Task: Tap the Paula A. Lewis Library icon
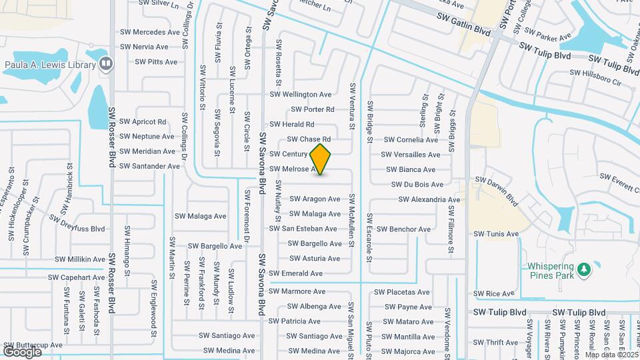(x=105, y=64)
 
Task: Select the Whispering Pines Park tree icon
(x=585, y=269)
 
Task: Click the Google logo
(x=22, y=351)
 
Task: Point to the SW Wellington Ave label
(x=300, y=95)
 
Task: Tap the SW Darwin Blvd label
(x=496, y=189)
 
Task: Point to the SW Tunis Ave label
(x=496, y=234)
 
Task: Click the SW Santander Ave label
(x=150, y=166)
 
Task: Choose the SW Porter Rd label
(x=313, y=109)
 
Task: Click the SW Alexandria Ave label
(x=429, y=199)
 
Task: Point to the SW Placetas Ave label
(x=402, y=292)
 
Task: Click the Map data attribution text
(x=611, y=354)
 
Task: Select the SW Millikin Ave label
(x=80, y=259)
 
